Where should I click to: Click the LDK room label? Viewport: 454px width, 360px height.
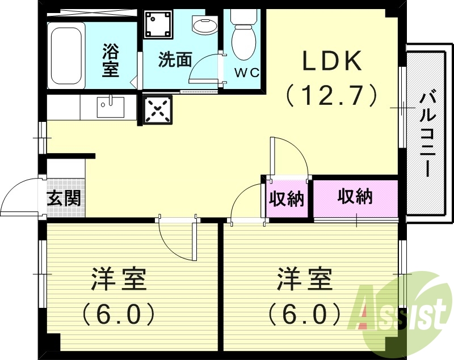[x=332, y=61]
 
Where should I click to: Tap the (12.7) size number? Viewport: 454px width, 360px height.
[x=332, y=95]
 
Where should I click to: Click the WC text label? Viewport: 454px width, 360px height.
[x=247, y=73]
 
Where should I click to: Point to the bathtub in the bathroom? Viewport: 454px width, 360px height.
[x=66, y=55]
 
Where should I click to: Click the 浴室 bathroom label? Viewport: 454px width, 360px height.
[x=110, y=61]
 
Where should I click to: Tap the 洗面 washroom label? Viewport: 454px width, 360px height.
[x=175, y=60]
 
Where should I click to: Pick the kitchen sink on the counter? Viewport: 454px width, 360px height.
[x=110, y=106]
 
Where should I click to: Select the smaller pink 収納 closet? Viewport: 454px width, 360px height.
[x=287, y=199]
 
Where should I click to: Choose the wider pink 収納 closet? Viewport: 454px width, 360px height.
[x=355, y=197]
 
